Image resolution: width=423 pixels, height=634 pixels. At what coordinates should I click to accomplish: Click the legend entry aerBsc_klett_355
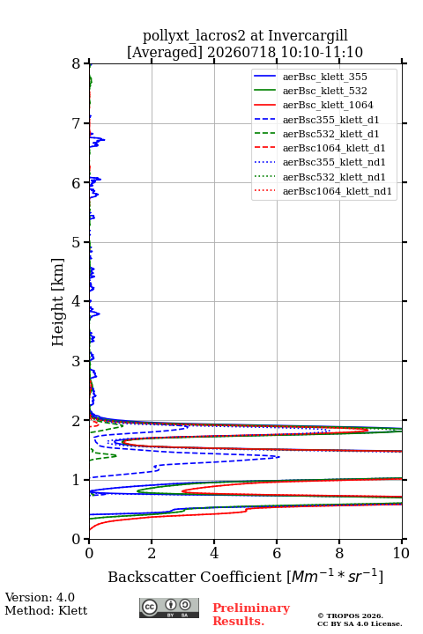pyautogui.click(x=324, y=77)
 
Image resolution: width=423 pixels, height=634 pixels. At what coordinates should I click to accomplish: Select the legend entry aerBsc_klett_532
pyautogui.click(x=324, y=91)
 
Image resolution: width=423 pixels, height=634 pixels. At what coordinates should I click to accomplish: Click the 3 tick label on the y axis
pyautogui.click(x=77, y=361)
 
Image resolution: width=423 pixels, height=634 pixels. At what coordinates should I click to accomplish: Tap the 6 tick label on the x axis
pyautogui.click(x=277, y=553)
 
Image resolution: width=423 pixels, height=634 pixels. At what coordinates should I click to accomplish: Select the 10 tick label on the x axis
pyautogui.click(x=401, y=553)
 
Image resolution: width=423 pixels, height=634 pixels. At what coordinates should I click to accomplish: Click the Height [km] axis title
pyautogui.click(x=58, y=302)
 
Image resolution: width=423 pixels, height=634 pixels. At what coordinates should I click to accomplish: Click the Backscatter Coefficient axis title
pyautogui.click(x=245, y=577)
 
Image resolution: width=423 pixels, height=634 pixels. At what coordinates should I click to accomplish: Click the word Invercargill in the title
pyautogui.click(x=308, y=36)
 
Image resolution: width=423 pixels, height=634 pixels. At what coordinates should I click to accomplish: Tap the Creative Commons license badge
pyautogui.click(x=169, y=608)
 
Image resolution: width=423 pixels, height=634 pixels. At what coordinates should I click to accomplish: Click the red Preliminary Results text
pyautogui.click(x=251, y=615)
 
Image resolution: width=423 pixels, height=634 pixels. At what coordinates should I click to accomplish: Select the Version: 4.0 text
pyautogui.click(x=40, y=598)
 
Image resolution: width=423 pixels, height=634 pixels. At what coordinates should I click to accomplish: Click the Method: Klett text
pyautogui.click(x=46, y=610)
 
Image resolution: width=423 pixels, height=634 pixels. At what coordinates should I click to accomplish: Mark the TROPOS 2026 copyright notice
pyautogui.click(x=351, y=616)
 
